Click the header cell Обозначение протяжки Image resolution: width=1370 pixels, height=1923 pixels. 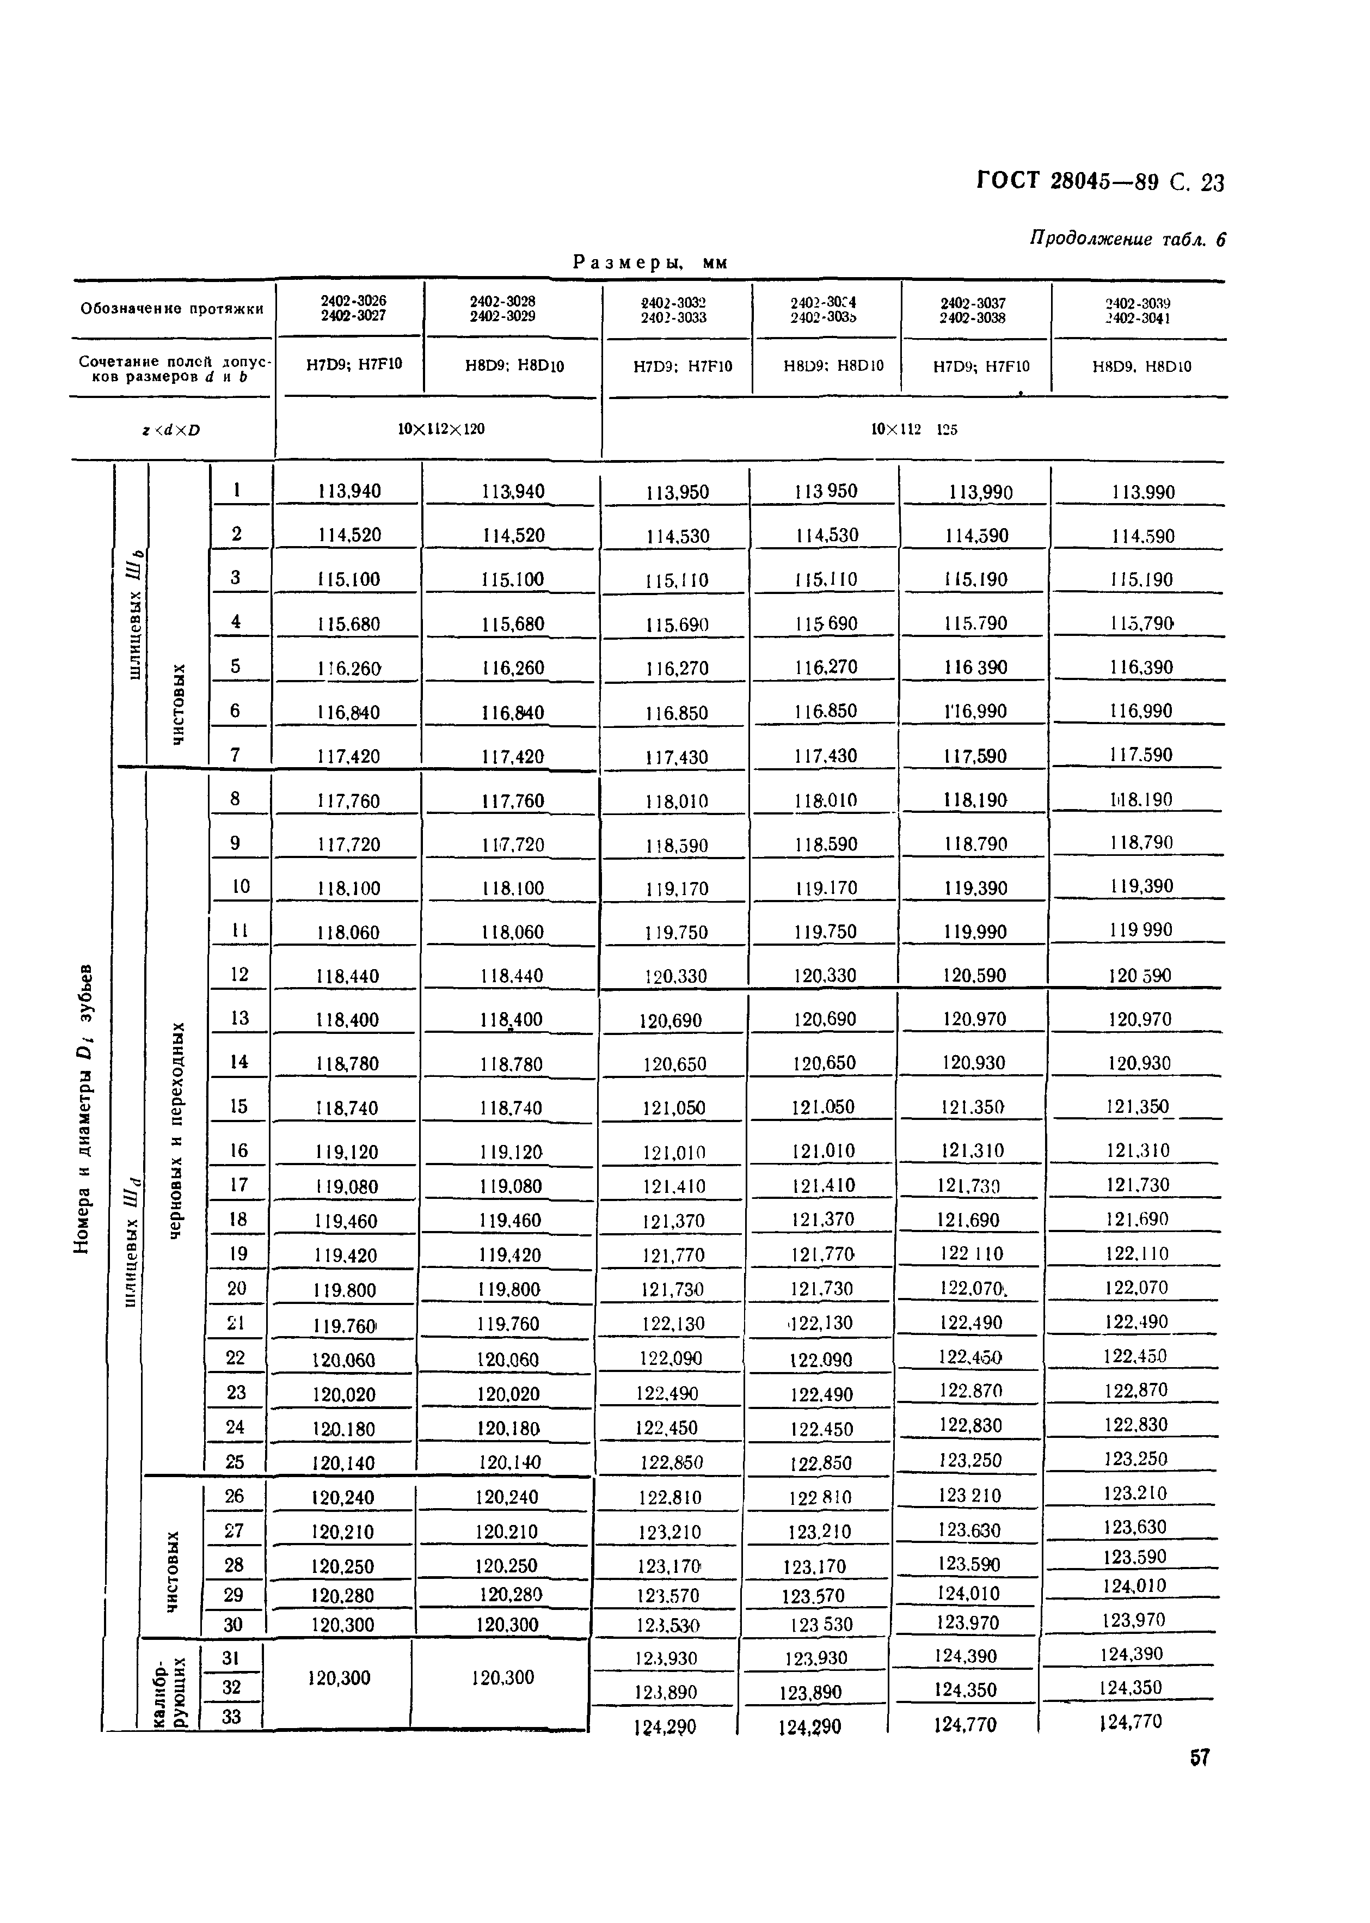pos(172,309)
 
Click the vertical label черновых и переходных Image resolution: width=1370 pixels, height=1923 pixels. pos(176,1131)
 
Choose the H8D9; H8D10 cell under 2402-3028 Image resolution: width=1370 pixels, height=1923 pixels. pos(514,365)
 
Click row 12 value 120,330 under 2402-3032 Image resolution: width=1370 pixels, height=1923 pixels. pos(675,976)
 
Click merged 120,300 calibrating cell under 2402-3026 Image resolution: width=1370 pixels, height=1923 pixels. pos(339,1677)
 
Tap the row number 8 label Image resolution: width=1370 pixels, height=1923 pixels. pos(235,798)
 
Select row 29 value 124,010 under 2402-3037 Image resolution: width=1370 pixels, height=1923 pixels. pos(968,1593)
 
